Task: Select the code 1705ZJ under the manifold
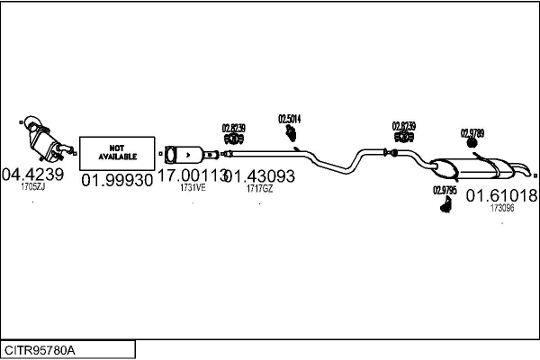(32, 187)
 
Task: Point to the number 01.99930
(117, 181)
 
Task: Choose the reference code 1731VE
(193, 188)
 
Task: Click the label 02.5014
(289, 119)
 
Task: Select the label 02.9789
(472, 133)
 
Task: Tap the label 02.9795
(445, 190)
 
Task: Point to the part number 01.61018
(501, 194)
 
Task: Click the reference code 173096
(502, 208)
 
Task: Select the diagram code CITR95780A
(40, 349)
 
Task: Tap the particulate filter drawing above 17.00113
(190, 153)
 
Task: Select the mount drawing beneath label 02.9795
(445, 206)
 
